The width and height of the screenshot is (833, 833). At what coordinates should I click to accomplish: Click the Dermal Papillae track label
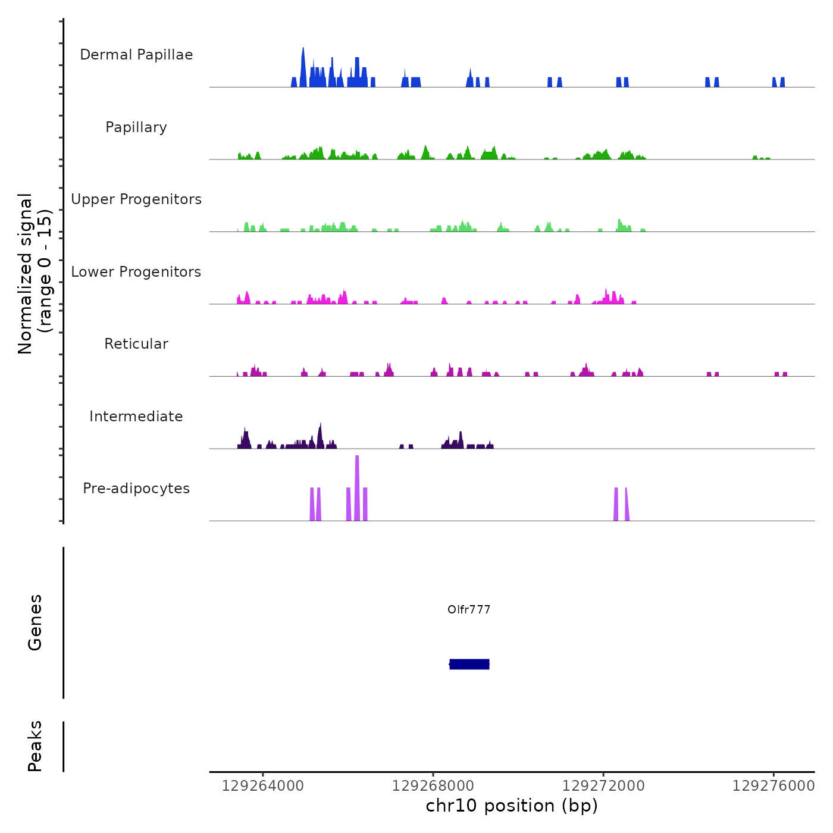[136, 55]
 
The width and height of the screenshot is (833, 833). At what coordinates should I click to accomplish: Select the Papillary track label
[136, 127]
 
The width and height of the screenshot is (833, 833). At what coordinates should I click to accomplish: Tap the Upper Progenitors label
[136, 199]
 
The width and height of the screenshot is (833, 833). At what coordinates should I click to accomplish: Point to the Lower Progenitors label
[136, 272]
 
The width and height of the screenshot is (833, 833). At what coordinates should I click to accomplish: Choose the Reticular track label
[136, 344]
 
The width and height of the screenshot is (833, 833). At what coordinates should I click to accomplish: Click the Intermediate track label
[136, 416]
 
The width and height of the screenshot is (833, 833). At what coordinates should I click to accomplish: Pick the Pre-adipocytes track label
[136, 488]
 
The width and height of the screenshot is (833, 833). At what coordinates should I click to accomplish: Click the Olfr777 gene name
[469, 609]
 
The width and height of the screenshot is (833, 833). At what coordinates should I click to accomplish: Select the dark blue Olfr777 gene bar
[469, 664]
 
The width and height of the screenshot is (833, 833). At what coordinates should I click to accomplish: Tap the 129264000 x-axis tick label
[262, 786]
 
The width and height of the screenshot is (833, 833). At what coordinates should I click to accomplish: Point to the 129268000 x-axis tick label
[433, 786]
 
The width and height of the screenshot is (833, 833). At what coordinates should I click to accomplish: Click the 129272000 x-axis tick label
[603, 786]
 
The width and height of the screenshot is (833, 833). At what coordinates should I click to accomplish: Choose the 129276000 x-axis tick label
[773, 786]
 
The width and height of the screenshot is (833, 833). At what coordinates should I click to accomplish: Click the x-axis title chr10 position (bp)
[512, 806]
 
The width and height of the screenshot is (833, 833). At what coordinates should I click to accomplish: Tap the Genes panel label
[35, 622]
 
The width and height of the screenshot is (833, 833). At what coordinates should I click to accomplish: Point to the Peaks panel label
[35, 746]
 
